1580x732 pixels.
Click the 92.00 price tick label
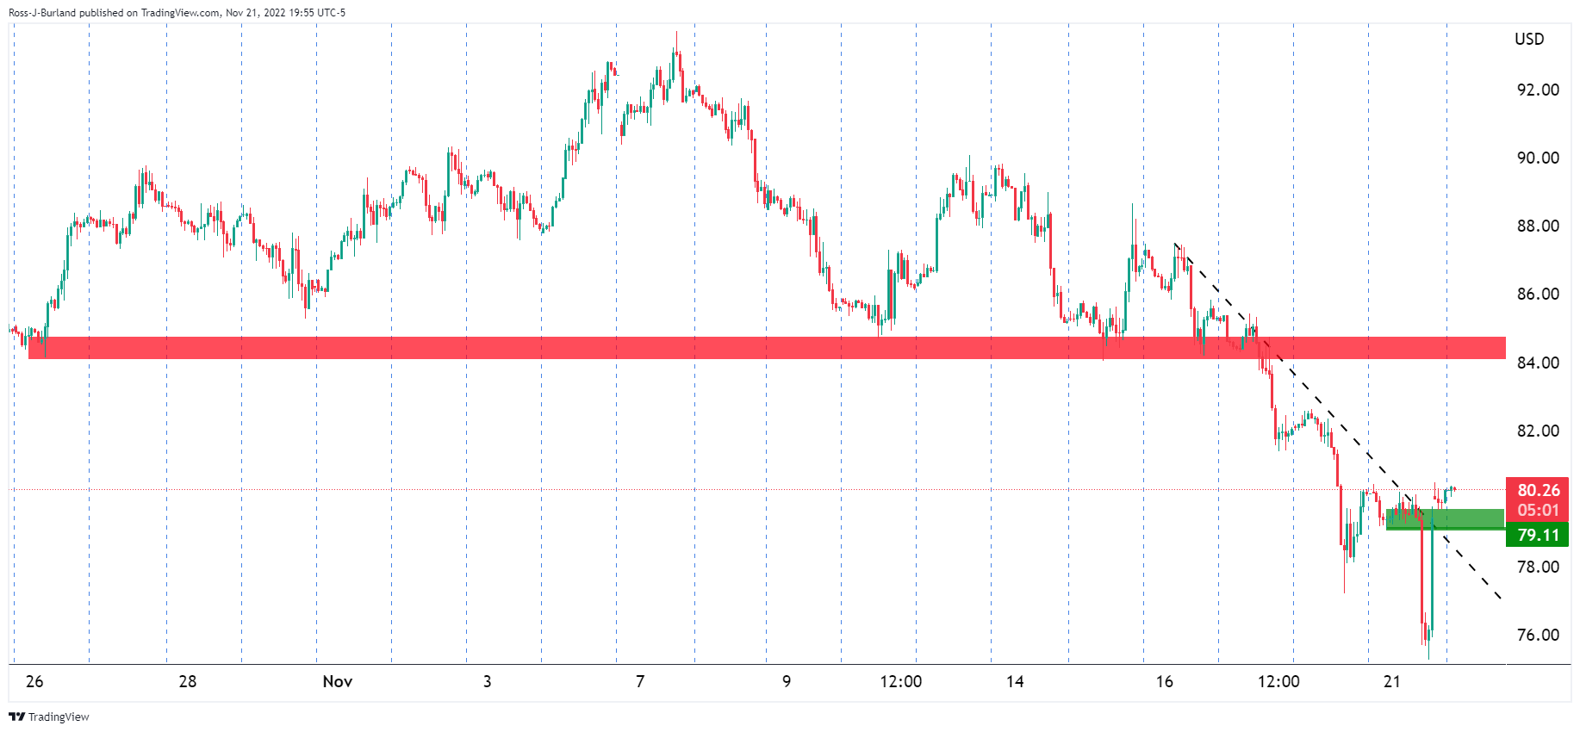(x=1538, y=90)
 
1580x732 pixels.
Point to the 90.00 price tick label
(x=1538, y=158)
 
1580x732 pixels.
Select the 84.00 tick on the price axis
(x=1538, y=363)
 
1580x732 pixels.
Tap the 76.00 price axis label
(x=1538, y=635)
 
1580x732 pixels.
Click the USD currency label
(x=1529, y=39)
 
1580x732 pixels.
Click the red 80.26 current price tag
(x=1538, y=490)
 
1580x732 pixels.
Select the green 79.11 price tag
(x=1538, y=535)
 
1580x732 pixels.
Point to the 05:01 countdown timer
(x=1538, y=510)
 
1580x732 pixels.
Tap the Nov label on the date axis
(x=337, y=681)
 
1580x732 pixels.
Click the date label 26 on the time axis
(x=34, y=681)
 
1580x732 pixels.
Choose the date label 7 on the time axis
(x=640, y=681)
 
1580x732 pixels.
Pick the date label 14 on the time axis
(x=1015, y=681)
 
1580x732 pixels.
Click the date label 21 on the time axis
(x=1391, y=681)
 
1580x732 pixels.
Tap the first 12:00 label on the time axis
(x=900, y=681)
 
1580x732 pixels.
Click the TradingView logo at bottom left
(x=49, y=716)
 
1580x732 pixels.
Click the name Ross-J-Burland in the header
(x=41, y=13)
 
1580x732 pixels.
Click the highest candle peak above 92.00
(x=676, y=34)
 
